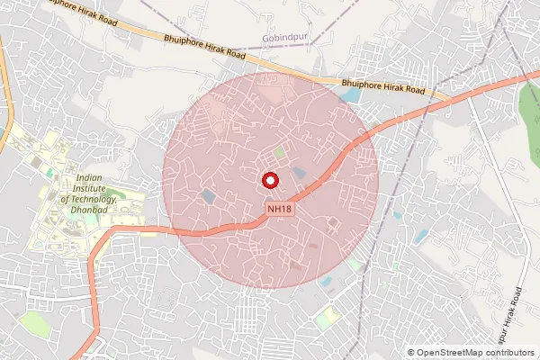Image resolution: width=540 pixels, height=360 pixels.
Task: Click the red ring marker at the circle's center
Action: pos(270,180)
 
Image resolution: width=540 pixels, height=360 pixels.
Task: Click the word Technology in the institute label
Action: pos(88,199)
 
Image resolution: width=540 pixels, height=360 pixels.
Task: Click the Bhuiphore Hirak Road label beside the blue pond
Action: pos(383,87)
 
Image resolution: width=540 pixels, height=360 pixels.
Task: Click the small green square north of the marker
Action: pos(279,152)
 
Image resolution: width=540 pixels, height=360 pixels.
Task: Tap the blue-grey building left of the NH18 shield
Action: pos(209,194)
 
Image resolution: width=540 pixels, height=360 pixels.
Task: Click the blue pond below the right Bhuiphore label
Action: pos(351,94)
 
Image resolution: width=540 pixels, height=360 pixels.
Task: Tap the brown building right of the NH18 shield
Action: pos(333,221)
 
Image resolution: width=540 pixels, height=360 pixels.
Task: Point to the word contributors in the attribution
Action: pos(508,353)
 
